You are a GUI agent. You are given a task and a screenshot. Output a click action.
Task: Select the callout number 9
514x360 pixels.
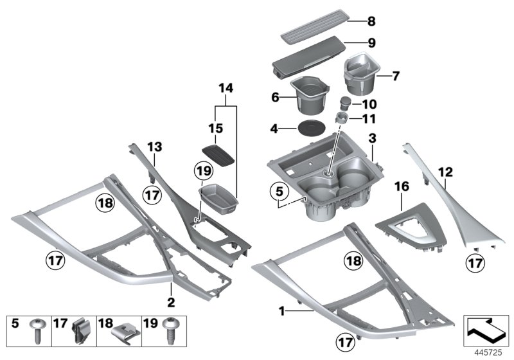tap(371, 45)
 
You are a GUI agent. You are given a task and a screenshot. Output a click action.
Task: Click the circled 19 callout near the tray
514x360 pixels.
tap(203, 171)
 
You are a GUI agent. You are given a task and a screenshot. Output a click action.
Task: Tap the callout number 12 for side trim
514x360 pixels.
tap(445, 172)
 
